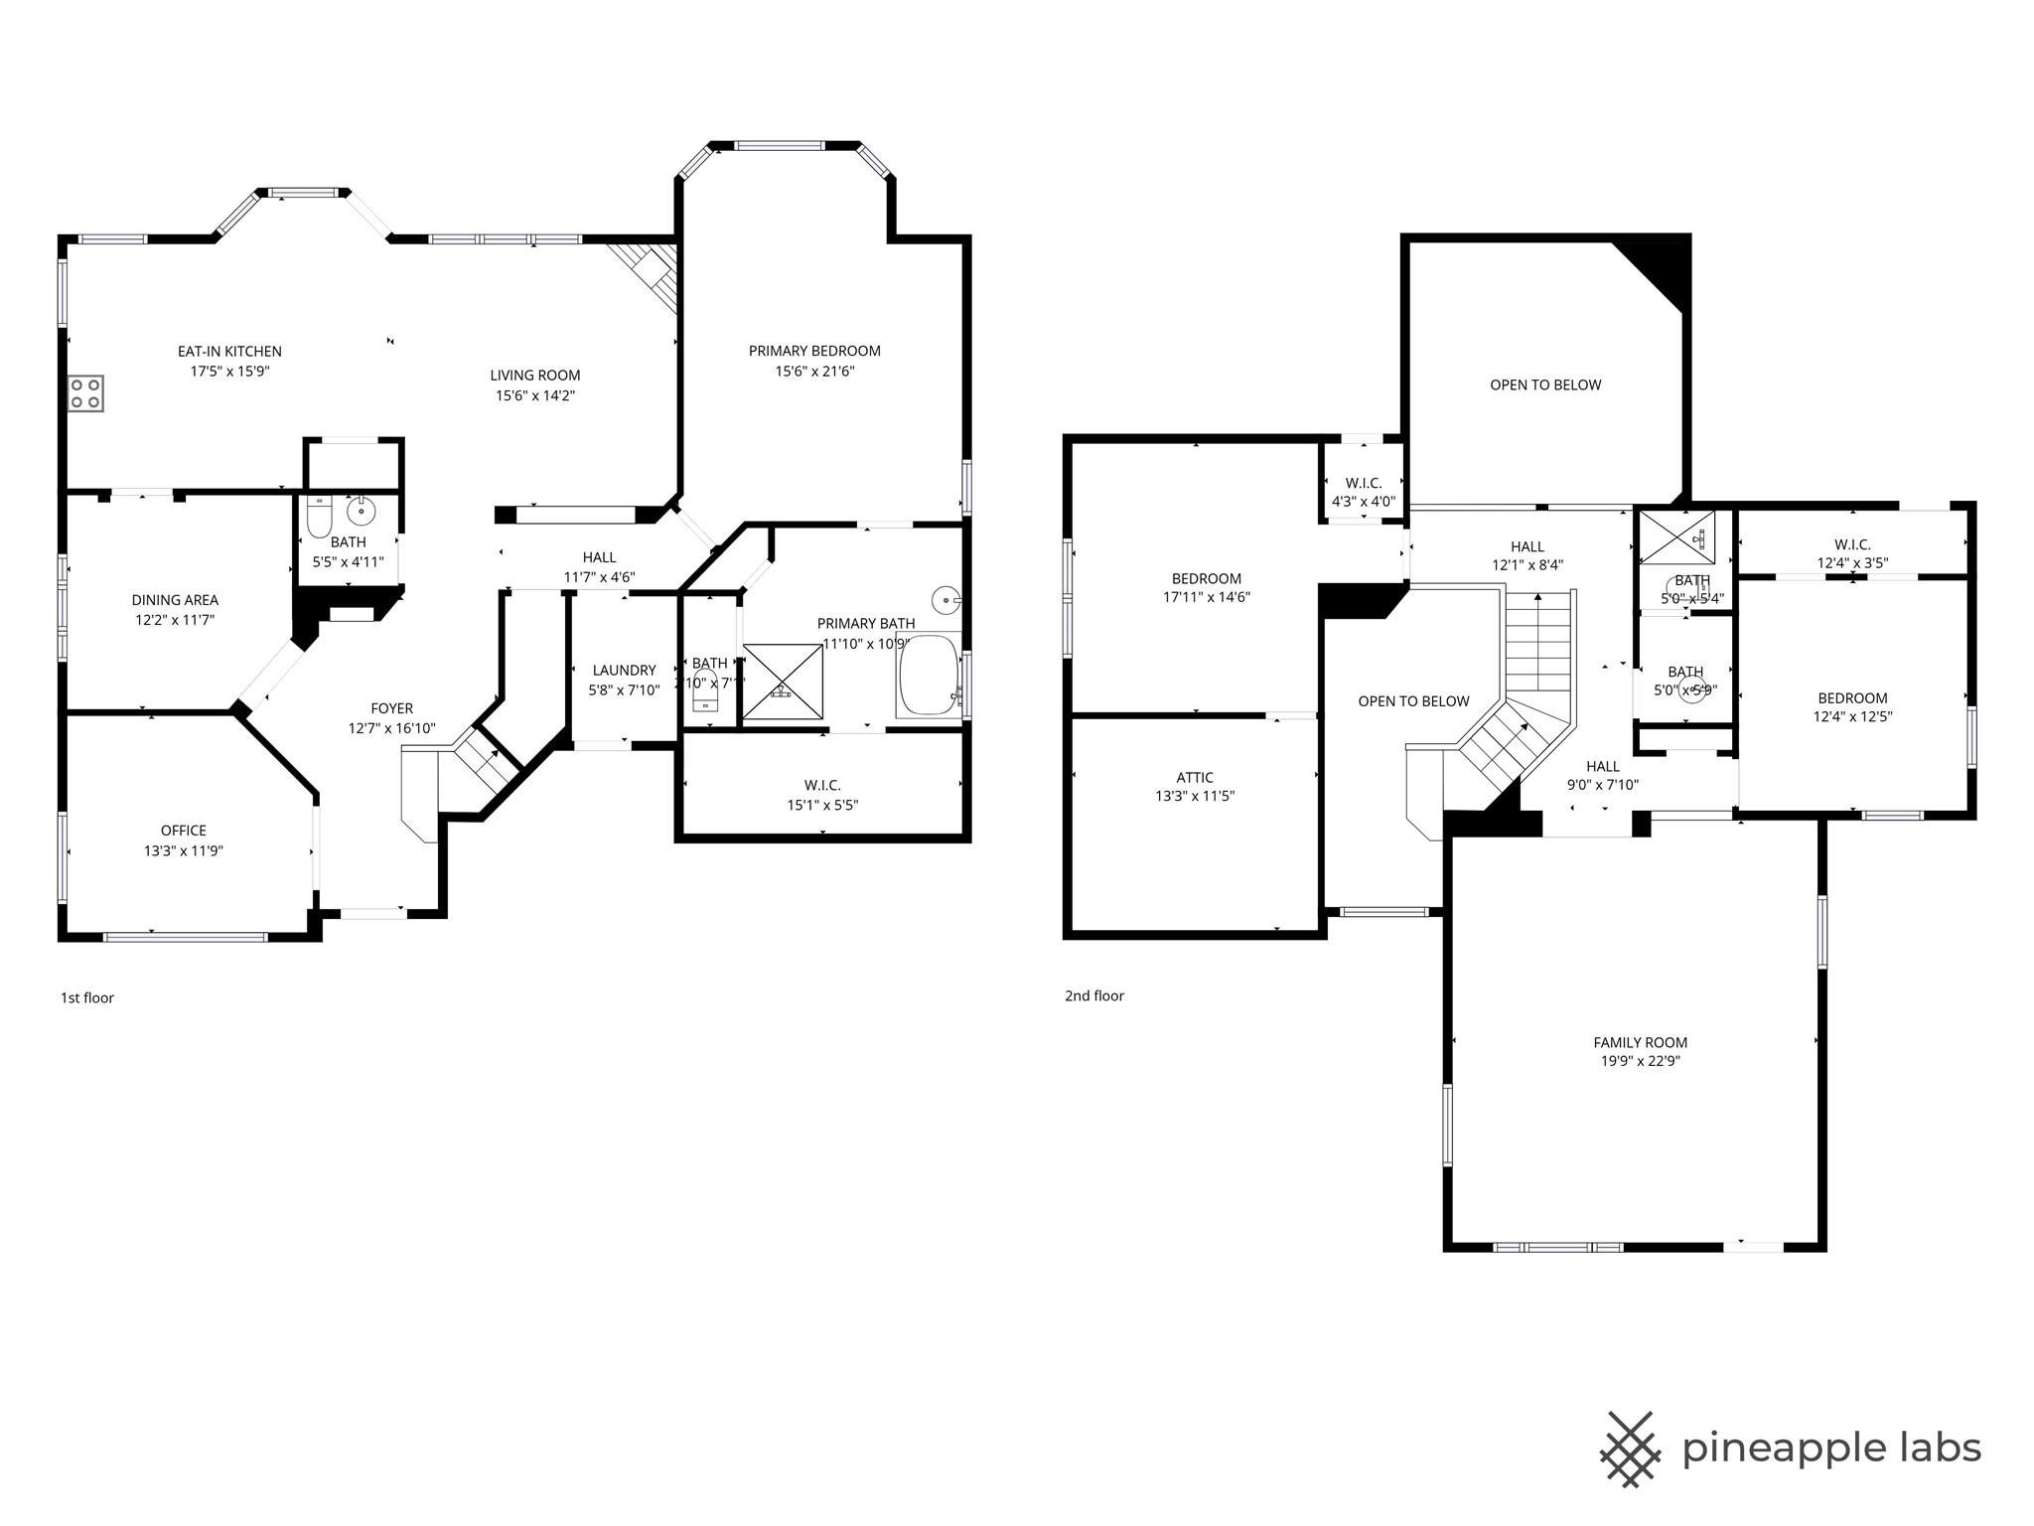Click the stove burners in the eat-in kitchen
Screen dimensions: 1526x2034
click(85, 393)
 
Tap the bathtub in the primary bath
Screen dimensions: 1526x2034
click(929, 676)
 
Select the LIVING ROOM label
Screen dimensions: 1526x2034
click(534, 375)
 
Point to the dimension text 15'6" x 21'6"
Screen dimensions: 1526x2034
click(814, 372)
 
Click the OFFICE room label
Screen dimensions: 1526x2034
click(184, 831)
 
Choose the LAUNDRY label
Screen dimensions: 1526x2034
click(624, 670)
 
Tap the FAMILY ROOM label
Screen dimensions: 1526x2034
click(1640, 1042)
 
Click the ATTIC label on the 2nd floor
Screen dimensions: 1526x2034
click(1195, 777)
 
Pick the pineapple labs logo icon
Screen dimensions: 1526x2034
click(1630, 1450)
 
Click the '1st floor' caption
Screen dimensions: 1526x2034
click(87, 997)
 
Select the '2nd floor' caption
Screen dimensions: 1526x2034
click(1093, 995)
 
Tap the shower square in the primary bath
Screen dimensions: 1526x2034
click(784, 682)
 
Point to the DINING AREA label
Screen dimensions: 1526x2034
click(175, 600)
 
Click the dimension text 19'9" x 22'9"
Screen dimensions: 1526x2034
click(1640, 1061)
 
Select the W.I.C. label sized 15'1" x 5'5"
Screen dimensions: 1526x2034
click(822, 785)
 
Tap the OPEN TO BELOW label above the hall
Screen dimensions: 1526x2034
click(1545, 384)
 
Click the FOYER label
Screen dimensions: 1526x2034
click(391, 708)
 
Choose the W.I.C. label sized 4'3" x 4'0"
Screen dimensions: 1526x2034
click(1364, 483)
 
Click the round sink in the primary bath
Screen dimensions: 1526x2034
click(945, 599)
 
